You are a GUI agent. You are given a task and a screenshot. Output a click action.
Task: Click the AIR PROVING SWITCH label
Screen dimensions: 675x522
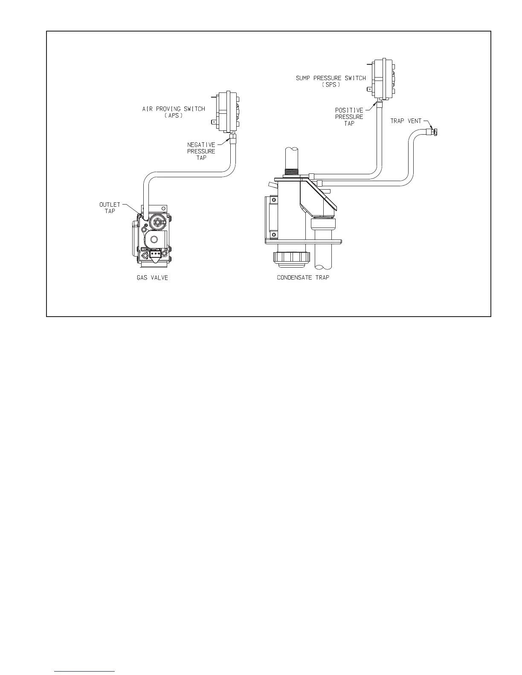click(174, 109)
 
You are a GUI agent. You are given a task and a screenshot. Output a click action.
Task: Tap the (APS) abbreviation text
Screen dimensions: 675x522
click(174, 115)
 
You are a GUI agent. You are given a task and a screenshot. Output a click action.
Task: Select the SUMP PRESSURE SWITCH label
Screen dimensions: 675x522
click(331, 78)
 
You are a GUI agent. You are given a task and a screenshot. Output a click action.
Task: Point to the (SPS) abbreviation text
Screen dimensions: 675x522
click(331, 84)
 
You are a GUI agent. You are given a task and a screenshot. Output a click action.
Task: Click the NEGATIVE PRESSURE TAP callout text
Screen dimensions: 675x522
click(201, 151)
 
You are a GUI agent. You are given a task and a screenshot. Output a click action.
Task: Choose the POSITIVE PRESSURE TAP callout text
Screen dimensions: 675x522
click(349, 117)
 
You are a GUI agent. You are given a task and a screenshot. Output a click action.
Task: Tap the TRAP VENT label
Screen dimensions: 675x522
click(406, 121)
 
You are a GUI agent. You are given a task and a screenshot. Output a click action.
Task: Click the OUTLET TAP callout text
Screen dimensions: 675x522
click(110, 208)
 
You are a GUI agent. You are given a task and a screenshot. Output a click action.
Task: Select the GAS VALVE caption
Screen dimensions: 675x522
click(152, 277)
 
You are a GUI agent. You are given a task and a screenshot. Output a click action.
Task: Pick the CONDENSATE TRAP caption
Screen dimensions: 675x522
click(303, 277)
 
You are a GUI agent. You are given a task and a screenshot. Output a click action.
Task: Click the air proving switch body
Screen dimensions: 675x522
click(228, 112)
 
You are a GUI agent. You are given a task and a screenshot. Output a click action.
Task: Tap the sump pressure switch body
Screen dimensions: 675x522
click(382, 78)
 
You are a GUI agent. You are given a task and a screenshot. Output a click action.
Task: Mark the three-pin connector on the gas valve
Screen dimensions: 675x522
click(155, 254)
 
